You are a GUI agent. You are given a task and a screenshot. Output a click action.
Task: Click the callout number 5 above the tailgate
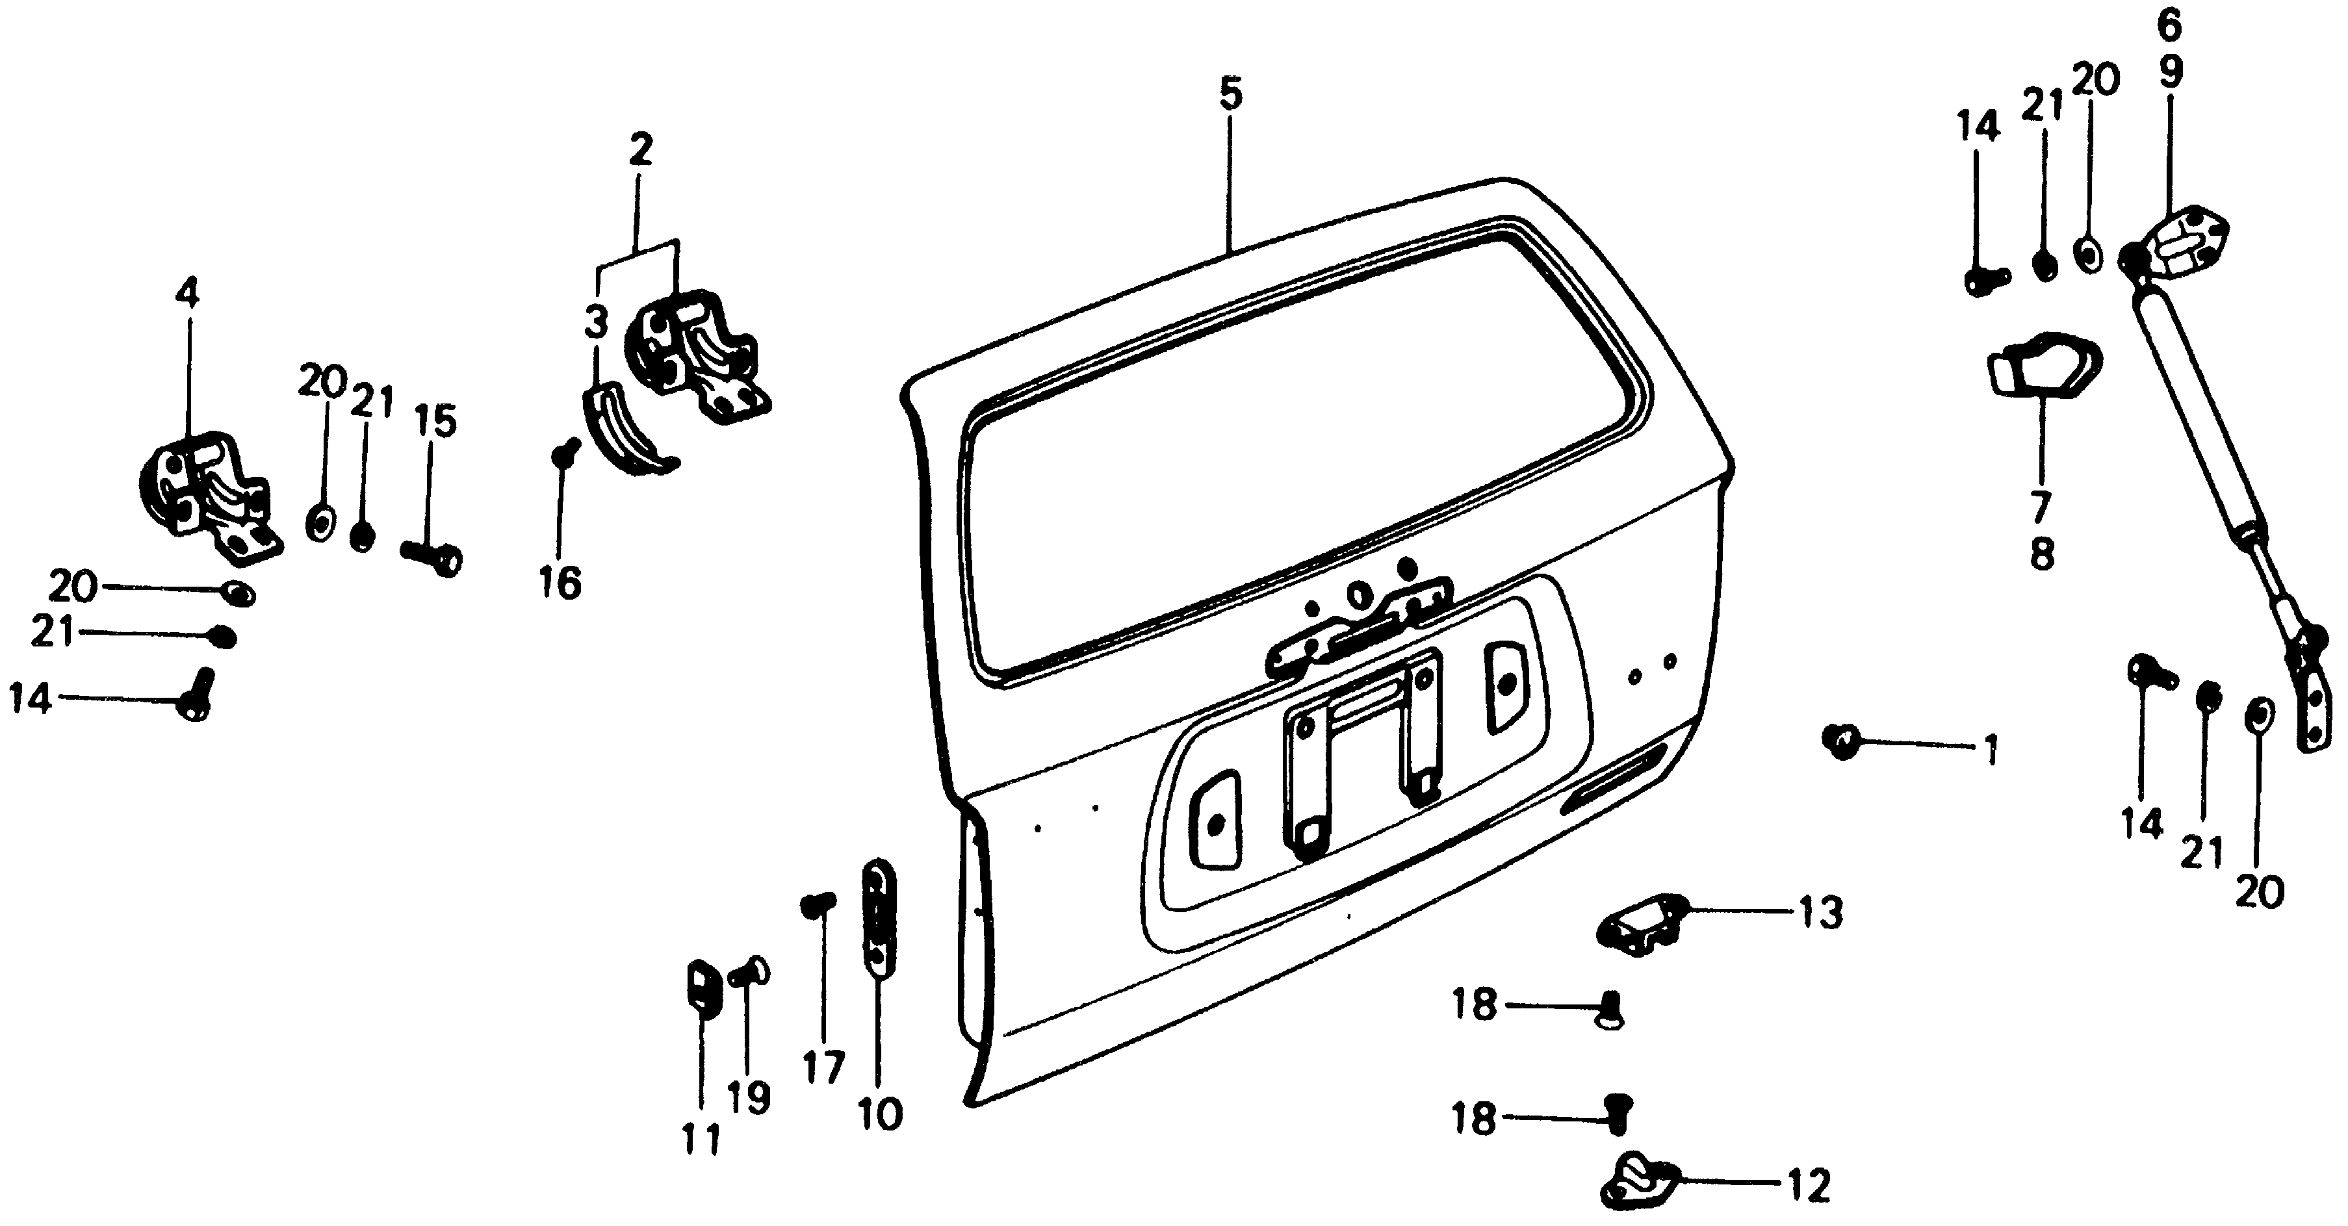coord(1230,95)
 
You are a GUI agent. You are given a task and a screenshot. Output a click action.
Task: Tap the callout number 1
coord(1992,750)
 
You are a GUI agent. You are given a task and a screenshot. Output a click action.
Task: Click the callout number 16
coord(559,583)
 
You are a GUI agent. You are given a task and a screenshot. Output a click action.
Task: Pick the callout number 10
coord(879,1114)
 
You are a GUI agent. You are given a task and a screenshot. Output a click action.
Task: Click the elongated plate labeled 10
coord(879,915)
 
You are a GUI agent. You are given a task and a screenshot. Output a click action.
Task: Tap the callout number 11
coord(702,1140)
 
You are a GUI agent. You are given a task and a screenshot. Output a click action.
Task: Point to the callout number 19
coord(749,1099)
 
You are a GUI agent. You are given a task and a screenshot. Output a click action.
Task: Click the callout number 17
coord(823,1067)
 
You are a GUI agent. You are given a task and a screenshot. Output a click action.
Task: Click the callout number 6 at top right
coord(2169,25)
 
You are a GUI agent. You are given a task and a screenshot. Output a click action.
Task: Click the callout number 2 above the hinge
coord(641,149)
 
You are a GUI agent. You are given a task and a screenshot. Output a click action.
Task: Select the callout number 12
coord(1809,1186)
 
